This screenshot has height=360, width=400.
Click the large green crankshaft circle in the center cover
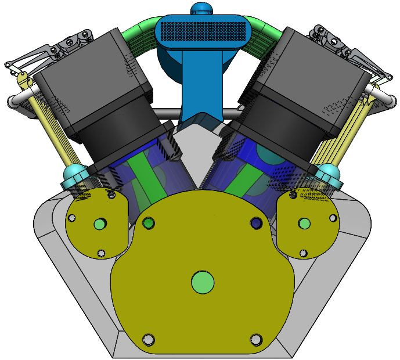click(203, 282)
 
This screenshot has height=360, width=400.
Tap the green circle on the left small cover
click(99, 224)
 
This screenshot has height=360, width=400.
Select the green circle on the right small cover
click(304, 224)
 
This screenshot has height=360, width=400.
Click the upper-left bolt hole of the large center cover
click(149, 223)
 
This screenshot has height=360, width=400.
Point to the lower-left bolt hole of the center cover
click(148, 339)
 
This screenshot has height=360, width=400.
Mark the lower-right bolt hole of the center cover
click(256, 339)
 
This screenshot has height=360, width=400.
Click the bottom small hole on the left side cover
click(101, 253)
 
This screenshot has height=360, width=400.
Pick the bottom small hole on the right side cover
click(303, 253)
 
